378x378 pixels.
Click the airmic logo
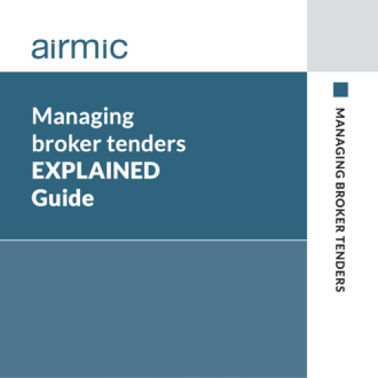tap(79, 48)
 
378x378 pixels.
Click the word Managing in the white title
tap(83, 117)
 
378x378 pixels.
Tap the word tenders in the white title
tap(147, 144)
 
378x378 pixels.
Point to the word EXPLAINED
tap(96, 171)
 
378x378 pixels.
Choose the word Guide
tap(63, 198)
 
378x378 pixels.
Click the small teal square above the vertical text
tap(341, 89)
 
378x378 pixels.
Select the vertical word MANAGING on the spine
tap(340, 143)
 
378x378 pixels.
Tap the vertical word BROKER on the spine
tap(340, 207)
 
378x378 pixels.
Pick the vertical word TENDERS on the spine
tap(340, 265)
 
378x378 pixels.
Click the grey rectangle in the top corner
tap(342, 36)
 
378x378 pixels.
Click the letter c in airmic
tap(119, 49)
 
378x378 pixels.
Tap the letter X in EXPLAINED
tap(54, 171)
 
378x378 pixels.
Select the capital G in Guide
tap(40, 198)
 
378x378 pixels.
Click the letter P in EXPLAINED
tap(72, 171)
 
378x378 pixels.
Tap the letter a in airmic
tap(40, 49)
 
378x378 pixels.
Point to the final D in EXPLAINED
tap(152, 171)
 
